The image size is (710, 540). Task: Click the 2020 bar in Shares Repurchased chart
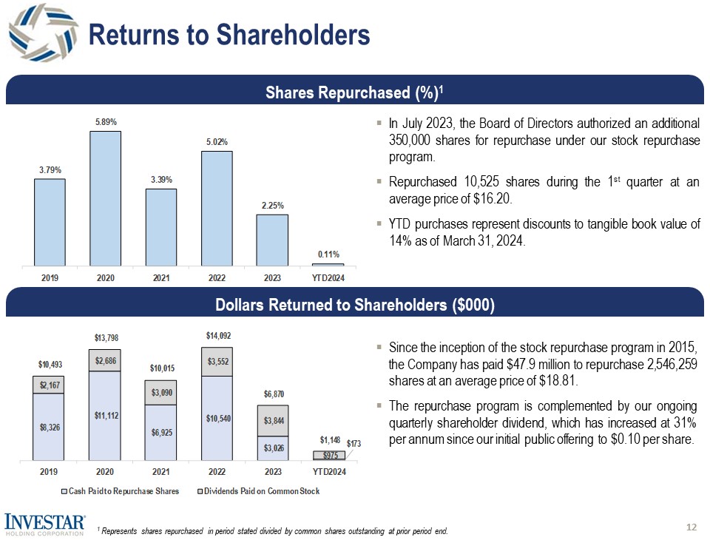point(105,198)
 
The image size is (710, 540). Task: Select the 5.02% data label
point(216,141)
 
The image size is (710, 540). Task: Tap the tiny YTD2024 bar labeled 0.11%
point(328,264)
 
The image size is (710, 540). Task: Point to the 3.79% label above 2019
point(50,169)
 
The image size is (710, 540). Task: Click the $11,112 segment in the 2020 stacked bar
point(105,415)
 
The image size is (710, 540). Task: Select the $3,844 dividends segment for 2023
point(272,420)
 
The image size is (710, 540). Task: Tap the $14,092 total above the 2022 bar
point(216,337)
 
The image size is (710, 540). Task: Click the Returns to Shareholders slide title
point(229,33)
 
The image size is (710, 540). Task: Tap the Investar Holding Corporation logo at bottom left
point(44,524)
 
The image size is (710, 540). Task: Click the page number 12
point(692,527)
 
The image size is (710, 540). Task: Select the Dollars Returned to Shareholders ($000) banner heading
point(354,306)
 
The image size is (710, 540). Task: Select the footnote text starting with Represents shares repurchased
point(274,531)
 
